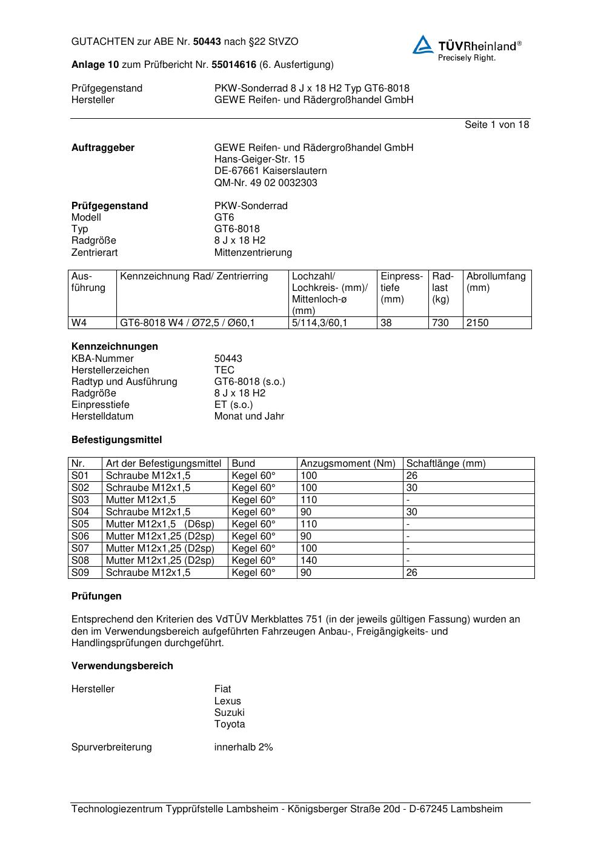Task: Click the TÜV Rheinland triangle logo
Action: pyautogui.click(x=423, y=45)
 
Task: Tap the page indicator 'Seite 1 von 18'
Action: pyautogui.click(x=496, y=124)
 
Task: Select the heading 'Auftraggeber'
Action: pyautogui.click(x=103, y=147)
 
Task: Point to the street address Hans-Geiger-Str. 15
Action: pyautogui.click(x=259, y=159)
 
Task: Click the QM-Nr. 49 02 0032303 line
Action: pyautogui.click(x=265, y=182)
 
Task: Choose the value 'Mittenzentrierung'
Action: pyautogui.click(x=253, y=252)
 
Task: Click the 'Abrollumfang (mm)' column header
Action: pyautogui.click(x=496, y=282)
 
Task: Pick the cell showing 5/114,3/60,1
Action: pyautogui.click(x=319, y=322)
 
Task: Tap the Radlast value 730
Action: pyautogui.click(x=440, y=322)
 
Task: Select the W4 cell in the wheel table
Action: pyautogui.click(x=79, y=322)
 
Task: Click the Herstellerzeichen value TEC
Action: pyautogui.click(x=224, y=370)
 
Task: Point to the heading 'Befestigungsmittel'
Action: pyautogui.click(x=116, y=439)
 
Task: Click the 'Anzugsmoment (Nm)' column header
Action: pyautogui.click(x=348, y=464)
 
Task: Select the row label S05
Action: pyautogui.click(x=80, y=524)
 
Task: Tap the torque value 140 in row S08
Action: pyautogui.click(x=308, y=560)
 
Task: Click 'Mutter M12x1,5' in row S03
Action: pyautogui.click(x=141, y=499)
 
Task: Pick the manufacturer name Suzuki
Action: pyautogui.click(x=229, y=712)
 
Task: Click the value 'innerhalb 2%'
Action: pyautogui.click(x=244, y=747)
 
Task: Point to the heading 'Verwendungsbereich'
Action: pyautogui.click(x=122, y=666)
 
